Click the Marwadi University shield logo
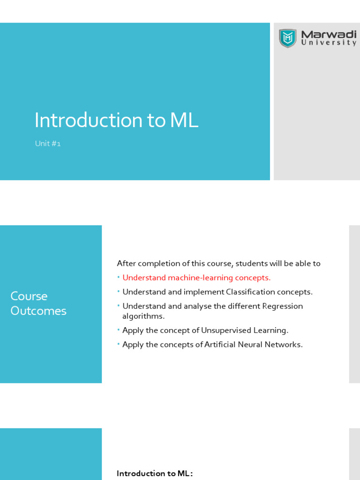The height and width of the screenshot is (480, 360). tap(287, 38)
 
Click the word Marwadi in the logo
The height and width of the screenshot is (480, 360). tap(328, 35)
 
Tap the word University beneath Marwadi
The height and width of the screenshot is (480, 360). tap(328, 43)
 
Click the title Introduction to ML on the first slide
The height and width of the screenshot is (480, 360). tap(116, 120)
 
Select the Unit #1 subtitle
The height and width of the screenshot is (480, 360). tap(48, 144)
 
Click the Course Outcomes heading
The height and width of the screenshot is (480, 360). tap(38, 303)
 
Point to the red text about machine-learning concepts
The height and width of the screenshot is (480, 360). tap(196, 277)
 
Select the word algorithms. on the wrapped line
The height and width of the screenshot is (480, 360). tap(143, 316)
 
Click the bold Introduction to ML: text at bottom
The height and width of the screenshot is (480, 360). tap(155, 473)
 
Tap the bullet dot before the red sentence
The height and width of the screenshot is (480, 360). tap(119, 277)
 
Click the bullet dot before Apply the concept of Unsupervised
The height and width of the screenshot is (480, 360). tap(119, 330)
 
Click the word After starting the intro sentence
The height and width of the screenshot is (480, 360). tap(126, 263)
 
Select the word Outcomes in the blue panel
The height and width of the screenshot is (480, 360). tap(38, 311)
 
